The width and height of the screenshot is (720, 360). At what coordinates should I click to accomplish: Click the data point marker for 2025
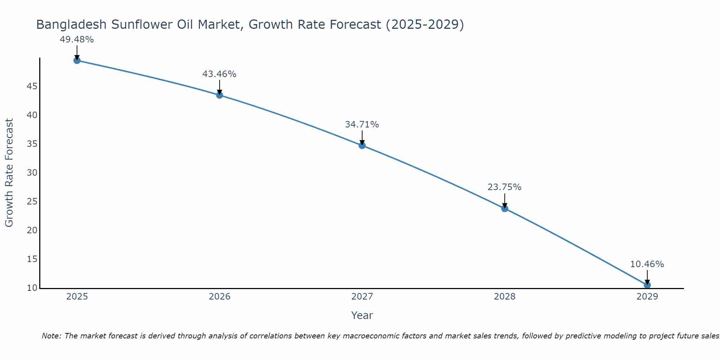tap(77, 60)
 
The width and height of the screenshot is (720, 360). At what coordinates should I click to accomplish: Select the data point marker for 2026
tap(220, 95)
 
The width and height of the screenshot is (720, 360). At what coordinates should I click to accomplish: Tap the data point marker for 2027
tap(362, 145)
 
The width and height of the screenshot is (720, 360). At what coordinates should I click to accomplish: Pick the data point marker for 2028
tap(505, 208)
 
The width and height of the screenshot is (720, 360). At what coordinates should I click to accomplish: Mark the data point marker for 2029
tap(647, 285)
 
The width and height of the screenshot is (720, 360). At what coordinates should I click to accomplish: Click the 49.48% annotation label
tap(77, 40)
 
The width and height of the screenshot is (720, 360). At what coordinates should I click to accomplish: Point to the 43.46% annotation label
tap(219, 74)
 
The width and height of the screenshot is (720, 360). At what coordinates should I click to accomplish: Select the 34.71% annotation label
tap(362, 125)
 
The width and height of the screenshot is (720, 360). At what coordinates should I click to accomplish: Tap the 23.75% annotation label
tap(504, 187)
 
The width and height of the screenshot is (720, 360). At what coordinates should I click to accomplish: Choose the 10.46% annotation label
tap(647, 264)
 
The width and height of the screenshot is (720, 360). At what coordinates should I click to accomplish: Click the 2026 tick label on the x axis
tap(220, 297)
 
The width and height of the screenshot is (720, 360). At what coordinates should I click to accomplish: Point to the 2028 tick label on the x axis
tap(505, 297)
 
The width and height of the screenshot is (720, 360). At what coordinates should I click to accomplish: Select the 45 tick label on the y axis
tap(32, 86)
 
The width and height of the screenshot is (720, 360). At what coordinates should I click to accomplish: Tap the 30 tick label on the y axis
tap(32, 173)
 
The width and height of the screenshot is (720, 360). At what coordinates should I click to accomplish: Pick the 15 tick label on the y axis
tap(32, 259)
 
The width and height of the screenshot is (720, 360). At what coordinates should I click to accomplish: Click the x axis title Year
tap(362, 315)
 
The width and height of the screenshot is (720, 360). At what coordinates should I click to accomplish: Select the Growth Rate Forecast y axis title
tap(9, 173)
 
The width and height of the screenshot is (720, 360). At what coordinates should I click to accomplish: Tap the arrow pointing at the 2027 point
tap(362, 138)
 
